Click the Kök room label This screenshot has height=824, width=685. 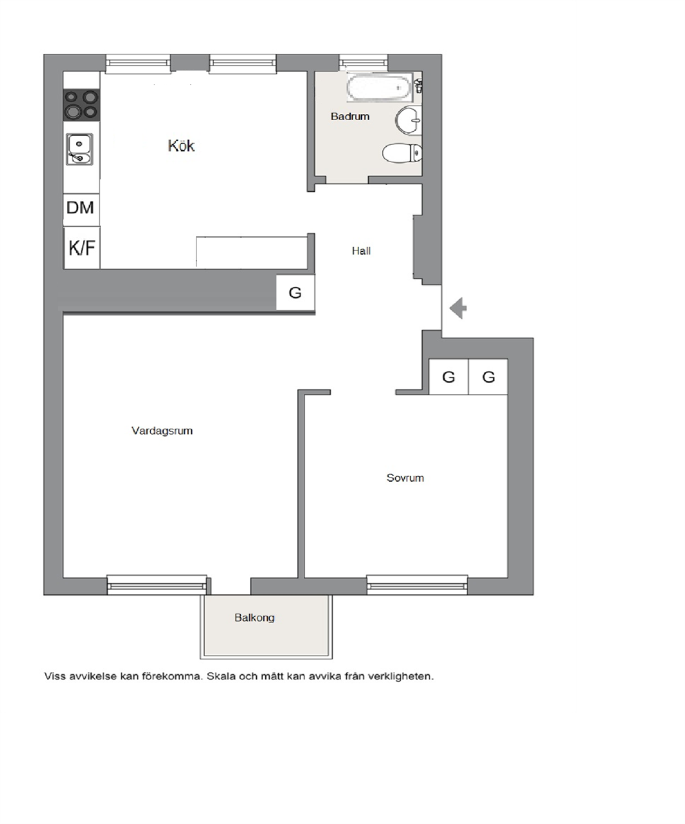click(x=182, y=145)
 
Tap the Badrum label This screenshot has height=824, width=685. click(x=350, y=116)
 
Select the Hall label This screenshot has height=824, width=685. click(x=361, y=251)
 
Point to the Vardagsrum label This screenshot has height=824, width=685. click(x=162, y=431)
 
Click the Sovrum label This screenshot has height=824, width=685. click(x=405, y=478)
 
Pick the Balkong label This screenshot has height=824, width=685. click(x=254, y=618)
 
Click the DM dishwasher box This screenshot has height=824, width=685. click(x=80, y=208)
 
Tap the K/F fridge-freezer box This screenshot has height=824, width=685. click(x=81, y=248)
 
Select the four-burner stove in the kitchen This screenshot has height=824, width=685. click(x=81, y=105)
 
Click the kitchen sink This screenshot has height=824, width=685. click(x=80, y=149)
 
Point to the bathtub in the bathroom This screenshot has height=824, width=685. click(x=380, y=87)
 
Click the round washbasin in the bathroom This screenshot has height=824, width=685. click(x=409, y=120)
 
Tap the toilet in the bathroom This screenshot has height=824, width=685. click(x=402, y=153)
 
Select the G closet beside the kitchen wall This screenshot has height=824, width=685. click(x=296, y=293)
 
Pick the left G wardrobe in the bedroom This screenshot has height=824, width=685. click(x=448, y=377)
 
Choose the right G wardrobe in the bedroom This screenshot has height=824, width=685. click(x=488, y=377)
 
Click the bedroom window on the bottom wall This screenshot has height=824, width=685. click(x=417, y=585)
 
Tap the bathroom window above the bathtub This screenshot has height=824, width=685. click(x=364, y=63)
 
